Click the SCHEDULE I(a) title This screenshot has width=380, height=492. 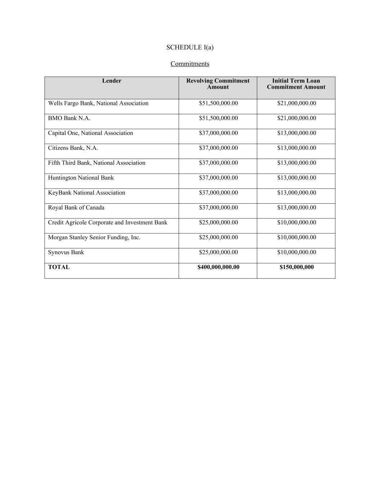tap(190, 47)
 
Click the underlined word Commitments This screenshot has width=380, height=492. tap(190, 64)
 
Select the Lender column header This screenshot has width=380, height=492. tap(112, 81)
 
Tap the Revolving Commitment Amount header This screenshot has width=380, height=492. tap(218, 84)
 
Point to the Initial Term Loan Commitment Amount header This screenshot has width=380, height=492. tap(296, 84)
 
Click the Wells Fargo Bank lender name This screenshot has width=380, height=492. tap(98, 103)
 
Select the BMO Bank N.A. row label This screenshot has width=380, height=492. tap(69, 118)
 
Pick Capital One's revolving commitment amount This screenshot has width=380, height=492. tap(218, 133)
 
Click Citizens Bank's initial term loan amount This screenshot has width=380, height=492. tap(296, 148)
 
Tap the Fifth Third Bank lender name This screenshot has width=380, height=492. tap(97, 163)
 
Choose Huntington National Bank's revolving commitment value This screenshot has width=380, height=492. tap(218, 178)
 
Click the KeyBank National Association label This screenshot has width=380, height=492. tap(86, 193)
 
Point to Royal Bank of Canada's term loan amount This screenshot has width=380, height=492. tap(296, 208)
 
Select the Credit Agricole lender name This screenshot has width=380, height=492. tap(107, 222)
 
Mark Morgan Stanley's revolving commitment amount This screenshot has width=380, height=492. tap(218, 238)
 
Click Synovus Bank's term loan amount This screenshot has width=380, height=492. tap(296, 252)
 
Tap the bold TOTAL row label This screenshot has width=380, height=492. tap(59, 267)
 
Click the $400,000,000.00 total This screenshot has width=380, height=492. tap(218, 267)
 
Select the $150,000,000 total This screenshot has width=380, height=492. tap(296, 267)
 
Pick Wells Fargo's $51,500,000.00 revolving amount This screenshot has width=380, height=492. tap(218, 103)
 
